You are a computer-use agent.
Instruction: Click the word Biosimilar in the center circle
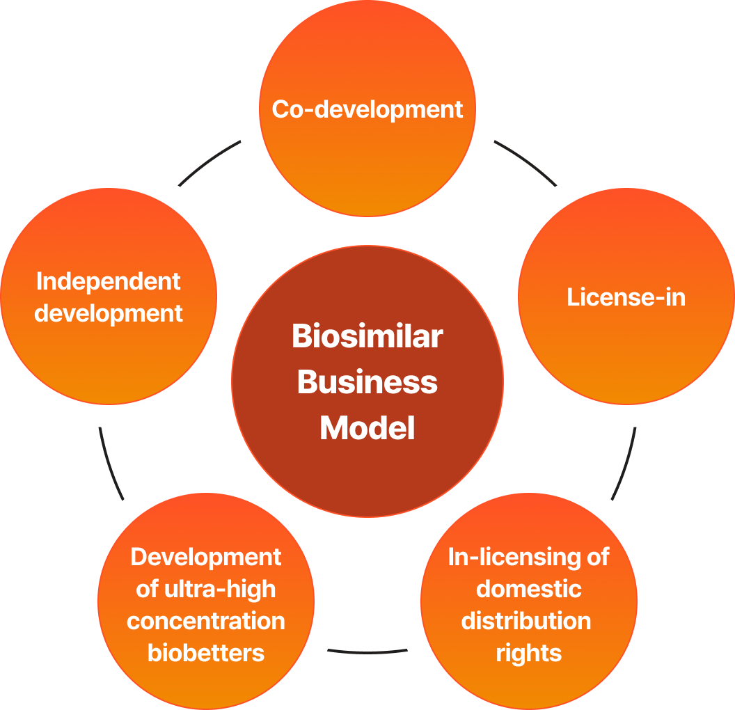point(367,336)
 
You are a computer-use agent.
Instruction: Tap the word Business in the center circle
point(367,382)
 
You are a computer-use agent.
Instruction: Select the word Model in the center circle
point(367,427)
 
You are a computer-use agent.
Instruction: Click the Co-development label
point(367,110)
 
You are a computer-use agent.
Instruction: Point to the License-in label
point(626,297)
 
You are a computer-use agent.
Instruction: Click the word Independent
point(109,282)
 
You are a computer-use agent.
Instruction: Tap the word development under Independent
point(109,313)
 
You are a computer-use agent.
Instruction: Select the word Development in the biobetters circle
point(206,558)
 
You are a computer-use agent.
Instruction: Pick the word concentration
point(206,621)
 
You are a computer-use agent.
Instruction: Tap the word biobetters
point(206,653)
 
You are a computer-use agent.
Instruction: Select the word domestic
point(529,589)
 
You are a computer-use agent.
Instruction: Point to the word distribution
point(526,621)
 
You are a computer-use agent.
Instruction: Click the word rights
point(529,654)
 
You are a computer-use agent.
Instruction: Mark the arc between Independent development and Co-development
point(207,161)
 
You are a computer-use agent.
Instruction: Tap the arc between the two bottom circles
point(367,652)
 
